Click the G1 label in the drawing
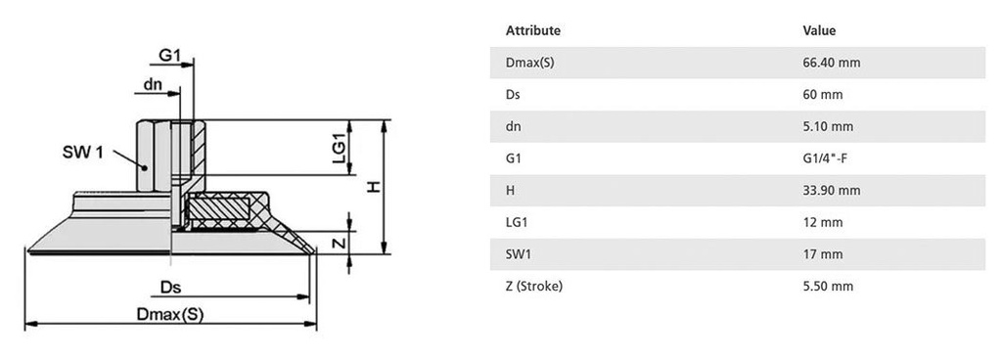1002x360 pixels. [x=170, y=57]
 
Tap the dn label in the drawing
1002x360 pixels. [x=153, y=84]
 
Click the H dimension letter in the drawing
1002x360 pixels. [x=373, y=186]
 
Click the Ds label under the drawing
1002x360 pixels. [x=170, y=288]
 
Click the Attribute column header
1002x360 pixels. [x=532, y=30]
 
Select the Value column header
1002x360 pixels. [x=818, y=30]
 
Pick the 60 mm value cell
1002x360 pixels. [x=822, y=95]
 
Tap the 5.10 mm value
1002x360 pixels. [x=828, y=126]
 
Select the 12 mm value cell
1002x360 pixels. [x=822, y=222]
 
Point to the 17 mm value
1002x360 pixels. [x=822, y=254]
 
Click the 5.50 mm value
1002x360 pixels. [x=828, y=286]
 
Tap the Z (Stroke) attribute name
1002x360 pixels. [x=533, y=286]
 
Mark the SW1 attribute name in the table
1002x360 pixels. [x=519, y=254]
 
